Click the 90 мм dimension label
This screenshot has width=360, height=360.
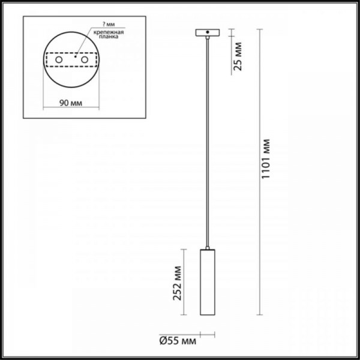click(x=71, y=103)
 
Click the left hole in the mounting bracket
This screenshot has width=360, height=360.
click(x=59, y=60)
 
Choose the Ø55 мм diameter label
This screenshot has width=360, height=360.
click(x=178, y=341)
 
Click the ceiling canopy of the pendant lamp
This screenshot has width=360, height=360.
click(x=207, y=33)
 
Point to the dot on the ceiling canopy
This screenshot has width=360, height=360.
click(x=207, y=32)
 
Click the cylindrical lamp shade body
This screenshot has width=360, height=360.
click(x=207, y=282)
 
